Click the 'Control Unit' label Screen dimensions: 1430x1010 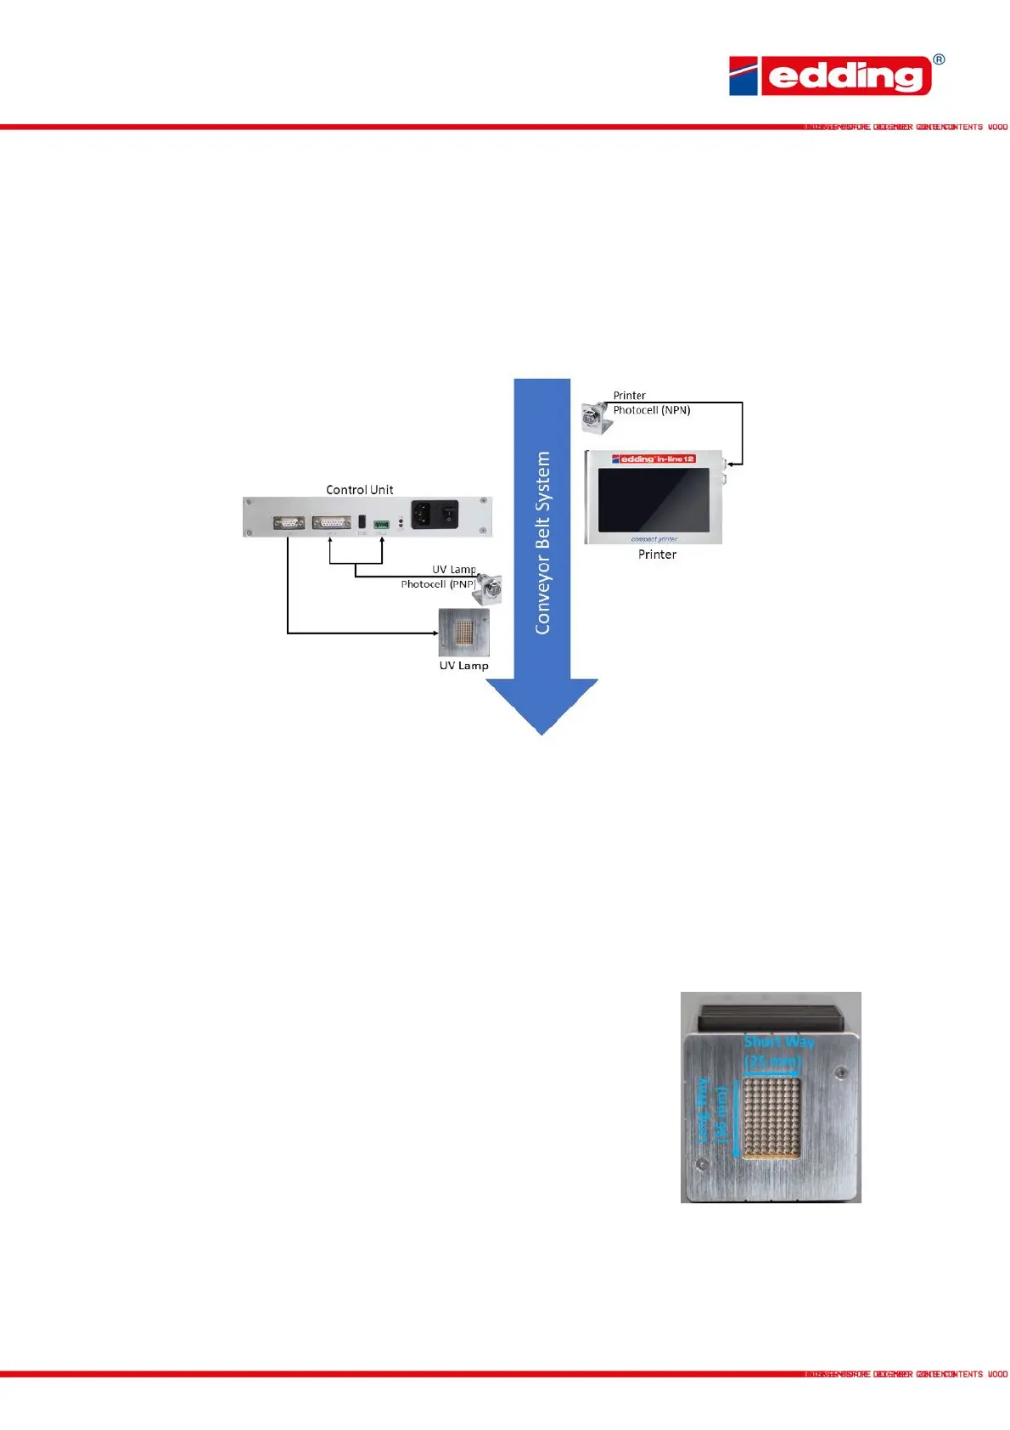360,490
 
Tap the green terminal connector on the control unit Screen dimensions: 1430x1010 381,524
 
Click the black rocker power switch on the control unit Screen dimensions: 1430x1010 447,513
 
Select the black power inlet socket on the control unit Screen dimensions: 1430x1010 422,513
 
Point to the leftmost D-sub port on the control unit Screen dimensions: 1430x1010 289,523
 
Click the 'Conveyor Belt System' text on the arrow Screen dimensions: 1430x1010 542,543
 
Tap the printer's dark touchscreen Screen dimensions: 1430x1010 653,499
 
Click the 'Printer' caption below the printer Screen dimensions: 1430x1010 657,555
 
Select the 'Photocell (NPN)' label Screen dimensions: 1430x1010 652,410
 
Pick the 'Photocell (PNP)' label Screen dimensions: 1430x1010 438,584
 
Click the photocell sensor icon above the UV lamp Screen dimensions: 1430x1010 488,588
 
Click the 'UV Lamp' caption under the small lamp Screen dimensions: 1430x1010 463,666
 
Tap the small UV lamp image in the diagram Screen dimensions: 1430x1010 463,633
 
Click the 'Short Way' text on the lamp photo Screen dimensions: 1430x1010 778,1042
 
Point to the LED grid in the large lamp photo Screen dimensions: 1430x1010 771,1118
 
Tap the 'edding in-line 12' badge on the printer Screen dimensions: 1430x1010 653,459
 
